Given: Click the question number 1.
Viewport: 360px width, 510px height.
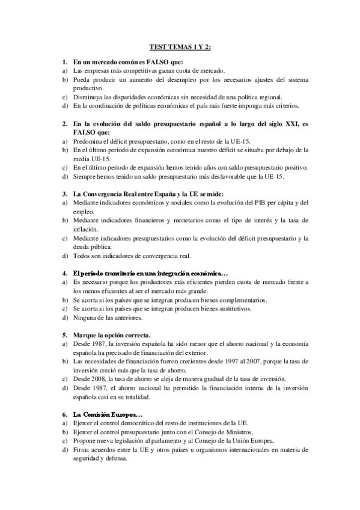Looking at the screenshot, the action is (64, 62).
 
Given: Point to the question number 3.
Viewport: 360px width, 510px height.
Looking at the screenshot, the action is (64, 194).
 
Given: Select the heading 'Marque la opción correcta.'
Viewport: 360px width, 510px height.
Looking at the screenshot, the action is (112, 334).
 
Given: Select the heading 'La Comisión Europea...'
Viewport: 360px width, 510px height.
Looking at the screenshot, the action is (107, 414).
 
